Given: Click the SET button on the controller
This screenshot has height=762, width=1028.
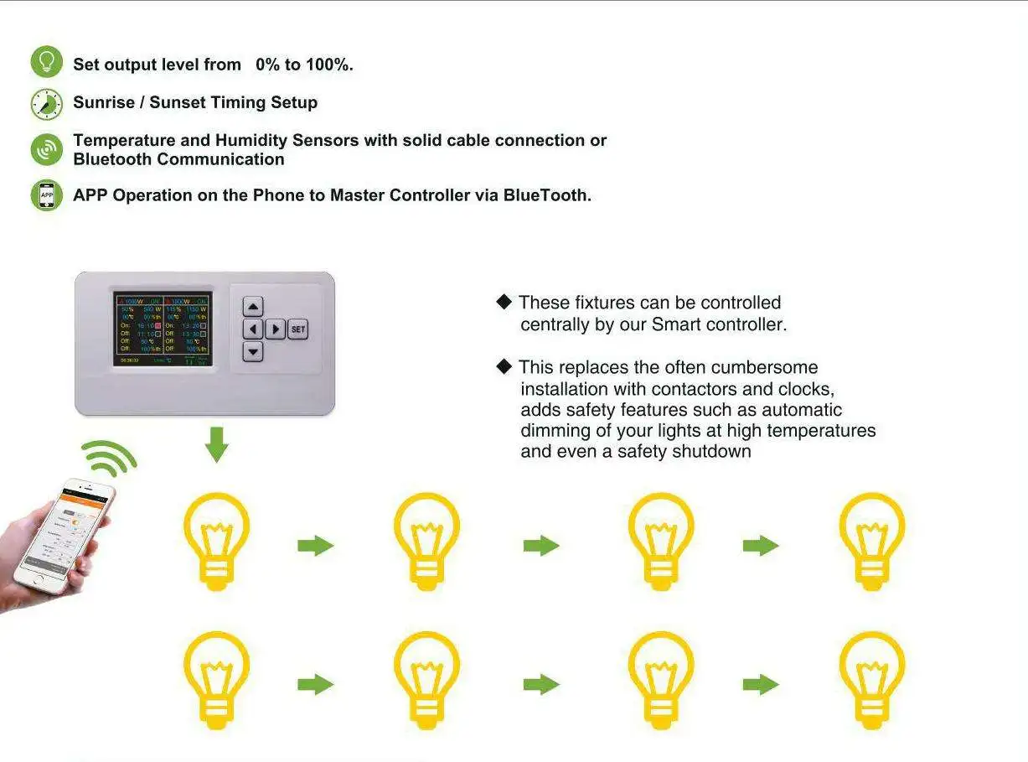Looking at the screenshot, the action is pyautogui.click(x=297, y=329).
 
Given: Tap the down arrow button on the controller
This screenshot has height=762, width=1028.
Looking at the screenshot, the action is pyautogui.click(x=253, y=352).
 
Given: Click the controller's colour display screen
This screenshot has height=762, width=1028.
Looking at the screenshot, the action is pyautogui.click(x=163, y=329).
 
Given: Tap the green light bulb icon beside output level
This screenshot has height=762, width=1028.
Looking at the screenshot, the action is pyautogui.click(x=47, y=62).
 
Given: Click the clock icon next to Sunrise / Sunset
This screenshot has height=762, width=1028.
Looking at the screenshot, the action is pyautogui.click(x=47, y=104).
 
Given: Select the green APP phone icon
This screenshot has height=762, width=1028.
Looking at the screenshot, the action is pyautogui.click(x=47, y=194).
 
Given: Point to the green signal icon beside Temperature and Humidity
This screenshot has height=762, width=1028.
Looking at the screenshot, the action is pyautogui.click(x=47, y=149).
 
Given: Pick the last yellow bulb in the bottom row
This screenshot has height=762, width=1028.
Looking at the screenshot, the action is pyautogui.click(x=872, y=680).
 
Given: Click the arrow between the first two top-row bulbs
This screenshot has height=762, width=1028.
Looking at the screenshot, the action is pyautogui.click(x=316, y=546).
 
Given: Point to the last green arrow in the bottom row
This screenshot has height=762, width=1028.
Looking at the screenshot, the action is pyautogui.click(x=761, y=684).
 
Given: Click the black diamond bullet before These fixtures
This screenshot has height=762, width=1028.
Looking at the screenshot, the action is pyautogui.click(x=504, y=302).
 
